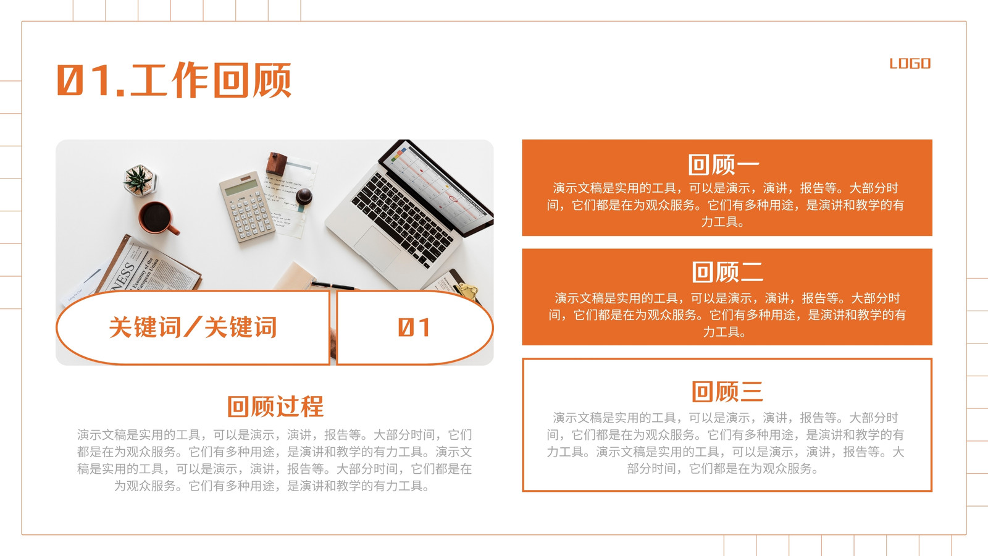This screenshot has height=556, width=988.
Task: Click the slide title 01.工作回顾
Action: (174, 80)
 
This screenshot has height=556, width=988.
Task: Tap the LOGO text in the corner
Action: (910, 64)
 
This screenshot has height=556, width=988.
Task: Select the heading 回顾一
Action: (724, 164)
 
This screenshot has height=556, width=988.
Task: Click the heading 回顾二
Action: (727, 272)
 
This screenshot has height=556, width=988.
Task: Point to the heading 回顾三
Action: (727, 392)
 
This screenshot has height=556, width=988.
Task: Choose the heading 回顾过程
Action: (275, 406)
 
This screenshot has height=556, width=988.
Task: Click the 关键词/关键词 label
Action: (193, 327)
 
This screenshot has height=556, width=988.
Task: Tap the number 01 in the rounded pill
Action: (414, 327)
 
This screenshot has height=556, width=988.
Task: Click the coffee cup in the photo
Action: (158, 218)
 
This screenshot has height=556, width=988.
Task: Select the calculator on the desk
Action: (247, 206)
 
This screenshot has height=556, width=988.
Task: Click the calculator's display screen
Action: (241, 187)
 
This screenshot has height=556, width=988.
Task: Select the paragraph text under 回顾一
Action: (725, 204)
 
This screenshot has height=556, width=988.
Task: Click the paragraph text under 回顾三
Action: (725, 443)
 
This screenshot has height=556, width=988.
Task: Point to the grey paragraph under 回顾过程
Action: (274, 460)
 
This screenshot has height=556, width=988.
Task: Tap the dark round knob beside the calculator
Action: (304, 196)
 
